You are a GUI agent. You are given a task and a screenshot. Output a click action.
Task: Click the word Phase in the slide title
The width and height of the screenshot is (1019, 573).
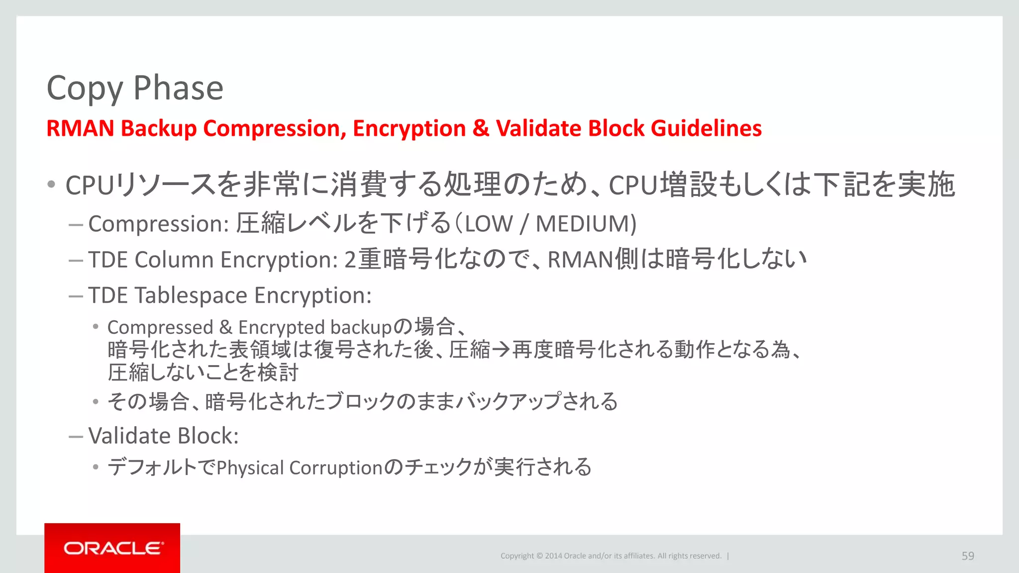(178, 88)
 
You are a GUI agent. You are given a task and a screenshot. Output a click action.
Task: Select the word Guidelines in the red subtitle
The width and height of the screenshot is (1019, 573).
(706, 128)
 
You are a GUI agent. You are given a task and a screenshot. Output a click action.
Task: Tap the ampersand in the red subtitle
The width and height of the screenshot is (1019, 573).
(481, 128)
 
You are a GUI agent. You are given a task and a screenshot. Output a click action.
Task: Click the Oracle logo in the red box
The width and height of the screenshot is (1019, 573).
(112, 548)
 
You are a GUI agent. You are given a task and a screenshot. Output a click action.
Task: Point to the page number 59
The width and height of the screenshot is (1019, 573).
(968, 556)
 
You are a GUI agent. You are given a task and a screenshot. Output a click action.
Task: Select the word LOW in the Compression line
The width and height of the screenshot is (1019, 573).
(488, 224)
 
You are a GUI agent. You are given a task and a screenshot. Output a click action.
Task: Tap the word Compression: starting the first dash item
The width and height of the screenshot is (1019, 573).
(159, 224)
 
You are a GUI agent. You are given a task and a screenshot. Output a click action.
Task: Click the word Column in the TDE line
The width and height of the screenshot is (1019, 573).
(174, 260)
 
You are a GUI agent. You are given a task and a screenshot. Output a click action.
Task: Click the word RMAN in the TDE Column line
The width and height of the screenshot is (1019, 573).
(580, 260)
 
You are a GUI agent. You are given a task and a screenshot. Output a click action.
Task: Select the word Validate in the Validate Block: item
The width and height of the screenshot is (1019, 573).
(130, 436)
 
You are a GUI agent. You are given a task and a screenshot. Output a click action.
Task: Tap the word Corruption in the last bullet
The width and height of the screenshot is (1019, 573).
(336, 468)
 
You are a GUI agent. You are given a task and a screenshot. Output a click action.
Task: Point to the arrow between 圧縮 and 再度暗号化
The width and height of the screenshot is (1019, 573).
(501, 350)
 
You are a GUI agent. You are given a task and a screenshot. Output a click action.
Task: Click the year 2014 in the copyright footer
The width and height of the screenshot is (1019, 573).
(553, 556)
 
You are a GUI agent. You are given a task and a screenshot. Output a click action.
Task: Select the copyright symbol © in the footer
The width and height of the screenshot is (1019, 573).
(539, 556)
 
